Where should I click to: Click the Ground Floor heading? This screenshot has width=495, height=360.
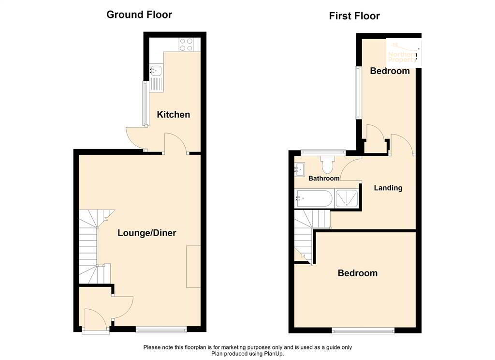pos(139,15)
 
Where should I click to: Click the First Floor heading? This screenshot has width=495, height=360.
pos(354,16)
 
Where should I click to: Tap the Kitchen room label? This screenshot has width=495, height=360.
pos(173,115)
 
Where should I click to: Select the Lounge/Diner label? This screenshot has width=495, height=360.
pos(147,233)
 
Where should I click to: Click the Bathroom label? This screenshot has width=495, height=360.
pos(324,178)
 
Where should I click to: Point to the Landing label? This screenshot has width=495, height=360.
pos(388,188)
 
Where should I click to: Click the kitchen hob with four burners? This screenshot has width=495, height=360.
pos(187,45)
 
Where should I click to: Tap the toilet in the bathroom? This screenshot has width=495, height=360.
pos(327,165)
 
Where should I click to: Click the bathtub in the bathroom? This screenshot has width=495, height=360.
pos(313,199)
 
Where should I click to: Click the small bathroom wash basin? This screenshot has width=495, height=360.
pos(300,169)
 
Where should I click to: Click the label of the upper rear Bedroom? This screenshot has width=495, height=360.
pos(390,71)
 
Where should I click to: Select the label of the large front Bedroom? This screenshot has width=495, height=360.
pos(357,273)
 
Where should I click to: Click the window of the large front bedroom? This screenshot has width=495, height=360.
pos(363,331)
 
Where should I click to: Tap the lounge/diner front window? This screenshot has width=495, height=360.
pos(161,330)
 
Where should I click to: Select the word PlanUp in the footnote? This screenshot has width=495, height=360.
pos(273,354)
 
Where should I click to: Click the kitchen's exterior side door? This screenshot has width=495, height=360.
pos(136,138)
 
